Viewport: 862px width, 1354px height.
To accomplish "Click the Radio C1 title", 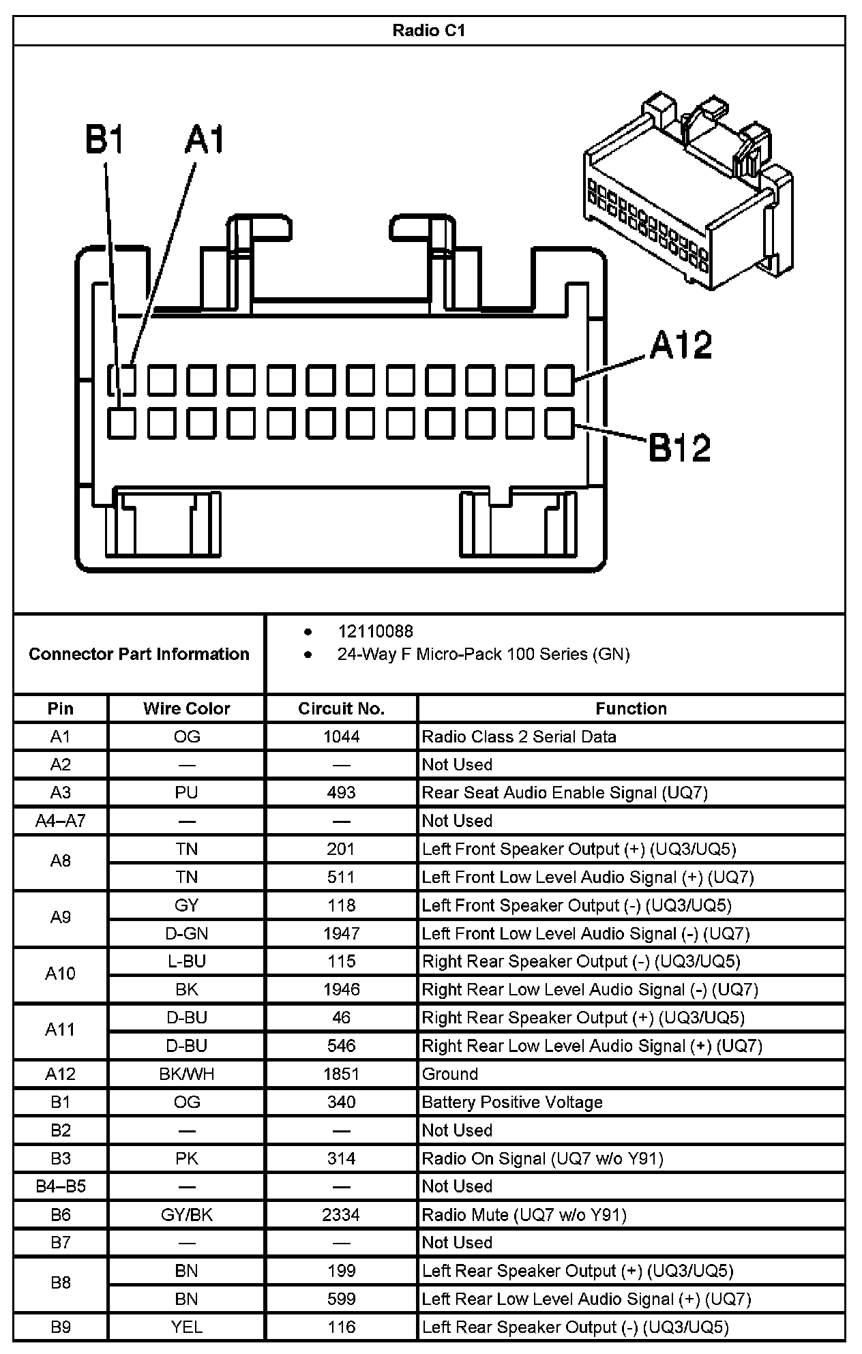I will point(429,31).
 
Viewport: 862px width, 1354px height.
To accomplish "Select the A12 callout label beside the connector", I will point(681,345).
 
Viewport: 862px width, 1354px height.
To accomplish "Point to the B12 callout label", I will point(680,447).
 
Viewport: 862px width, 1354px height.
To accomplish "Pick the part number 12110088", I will point(375,631).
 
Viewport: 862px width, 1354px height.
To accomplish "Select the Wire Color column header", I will point(186,708).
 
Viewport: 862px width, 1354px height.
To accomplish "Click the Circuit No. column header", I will point(341,708).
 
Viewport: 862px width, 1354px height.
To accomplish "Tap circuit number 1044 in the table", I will point(341,736).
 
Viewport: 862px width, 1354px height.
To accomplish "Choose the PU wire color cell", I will point(186,792).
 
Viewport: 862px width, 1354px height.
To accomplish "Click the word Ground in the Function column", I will point(450,1074).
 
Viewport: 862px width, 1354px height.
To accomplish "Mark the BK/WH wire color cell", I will point(186,1074).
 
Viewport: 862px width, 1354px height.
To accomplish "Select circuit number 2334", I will point(341,1214).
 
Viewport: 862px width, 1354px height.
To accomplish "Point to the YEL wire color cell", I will point(186,1327).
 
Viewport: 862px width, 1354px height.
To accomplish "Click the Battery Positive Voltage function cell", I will point(512,1102).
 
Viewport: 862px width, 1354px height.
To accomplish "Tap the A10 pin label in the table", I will point(60,974).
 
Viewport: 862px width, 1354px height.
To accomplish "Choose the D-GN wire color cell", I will point(186,933).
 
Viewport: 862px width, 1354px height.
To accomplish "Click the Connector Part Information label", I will point(139,654).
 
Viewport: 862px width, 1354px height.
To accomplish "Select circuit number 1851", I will point(341,1074).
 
